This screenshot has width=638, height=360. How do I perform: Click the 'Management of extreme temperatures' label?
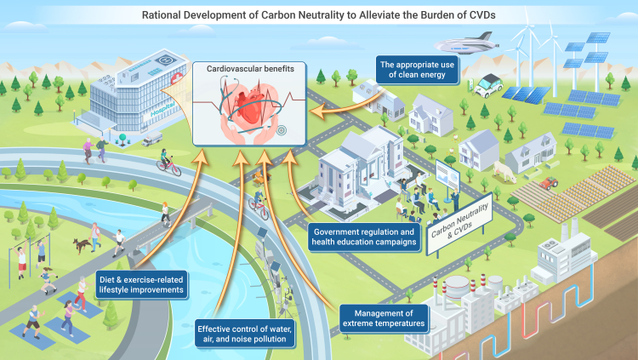[382, 317]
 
